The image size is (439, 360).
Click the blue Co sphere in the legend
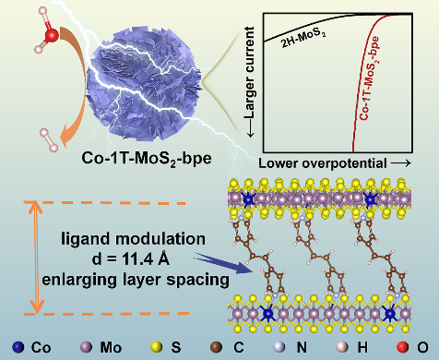point(18,347)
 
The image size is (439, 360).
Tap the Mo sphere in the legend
point(86,347)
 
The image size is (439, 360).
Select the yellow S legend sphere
point(157,347)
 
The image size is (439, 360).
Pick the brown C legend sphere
point(216,347)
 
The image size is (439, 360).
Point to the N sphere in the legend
point(279,347)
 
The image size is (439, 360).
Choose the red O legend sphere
point(403,347)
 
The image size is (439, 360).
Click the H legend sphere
point(342,347)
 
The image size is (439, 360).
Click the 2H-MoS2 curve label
point(303,39)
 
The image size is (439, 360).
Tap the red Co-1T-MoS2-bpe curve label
point(369,78)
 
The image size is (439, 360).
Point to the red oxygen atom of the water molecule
point(52,35)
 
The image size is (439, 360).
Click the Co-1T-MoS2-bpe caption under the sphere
point(147,159)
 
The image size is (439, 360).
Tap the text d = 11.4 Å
point(130,259)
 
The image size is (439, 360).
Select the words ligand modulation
point(133,239)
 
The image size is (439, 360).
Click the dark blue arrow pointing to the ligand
point(223,263)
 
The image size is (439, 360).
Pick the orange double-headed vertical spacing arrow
point(37,258)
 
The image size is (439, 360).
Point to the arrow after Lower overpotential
point(401,163)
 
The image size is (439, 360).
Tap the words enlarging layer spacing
point(136,280)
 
